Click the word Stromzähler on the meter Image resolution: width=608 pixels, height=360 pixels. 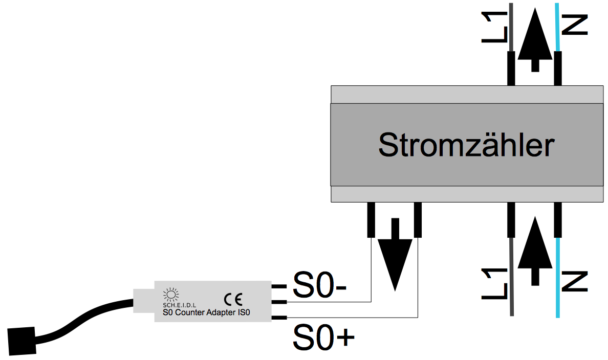(466, 145)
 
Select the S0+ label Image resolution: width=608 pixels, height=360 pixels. (323, 337)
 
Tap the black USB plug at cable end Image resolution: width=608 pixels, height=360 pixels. (22, 340)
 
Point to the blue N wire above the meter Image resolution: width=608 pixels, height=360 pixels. (557, 26)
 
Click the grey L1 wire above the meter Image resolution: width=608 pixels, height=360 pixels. (511, 26)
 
